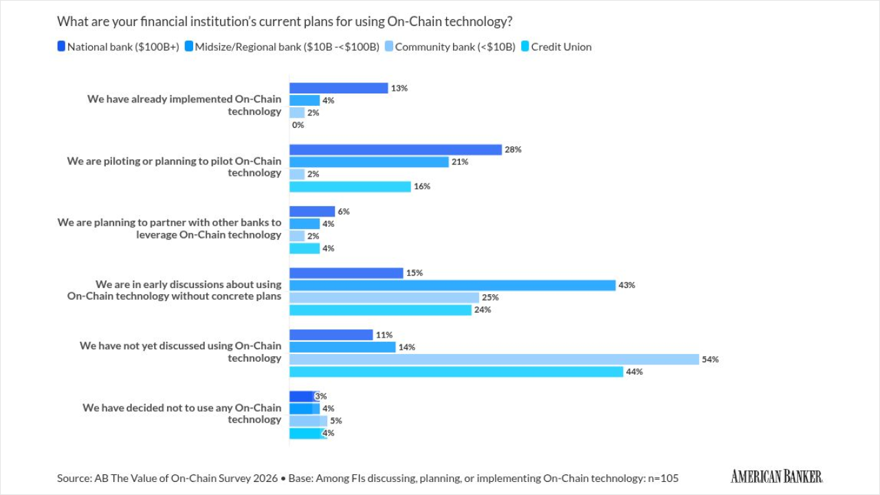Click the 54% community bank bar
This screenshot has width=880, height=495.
tap(494, 360)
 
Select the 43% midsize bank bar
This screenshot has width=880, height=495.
tap(452, 285)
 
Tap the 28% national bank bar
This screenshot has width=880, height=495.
tap(395, 150)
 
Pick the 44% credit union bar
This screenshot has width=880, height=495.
tap(456, 372)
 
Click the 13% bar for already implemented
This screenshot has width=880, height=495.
tap(338, 88)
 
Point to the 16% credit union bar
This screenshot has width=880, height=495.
tap(350, 186)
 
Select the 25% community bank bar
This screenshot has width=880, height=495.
tap(384, 298)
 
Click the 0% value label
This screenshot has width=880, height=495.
tap(298, 125)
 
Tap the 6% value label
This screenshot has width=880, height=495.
tap(344, 212)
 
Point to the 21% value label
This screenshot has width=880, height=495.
tap(460, 162)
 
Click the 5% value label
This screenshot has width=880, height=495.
tap(336, 421)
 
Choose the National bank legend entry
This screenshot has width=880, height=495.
tap(118, 47)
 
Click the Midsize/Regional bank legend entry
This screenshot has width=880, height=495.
tap(282, 47)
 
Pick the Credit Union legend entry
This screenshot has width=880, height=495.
tap(556, 47)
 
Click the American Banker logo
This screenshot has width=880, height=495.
tap(776, 476)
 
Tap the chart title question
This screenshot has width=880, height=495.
tap(285, 21)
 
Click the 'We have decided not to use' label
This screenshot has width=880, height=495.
tap(182, 414)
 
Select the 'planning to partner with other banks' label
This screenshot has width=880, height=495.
tap(169, 229)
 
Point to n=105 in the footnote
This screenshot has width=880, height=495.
tap(662, 478)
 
